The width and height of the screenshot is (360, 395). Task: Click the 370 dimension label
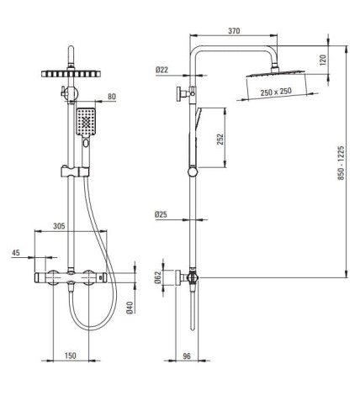click(234, 30)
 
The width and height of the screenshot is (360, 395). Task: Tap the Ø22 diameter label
click(161, 70)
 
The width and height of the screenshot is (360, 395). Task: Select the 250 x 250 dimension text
click(276, 92)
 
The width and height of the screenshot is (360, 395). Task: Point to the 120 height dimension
click(323, 60)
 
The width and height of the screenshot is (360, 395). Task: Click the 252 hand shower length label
click(220, 140)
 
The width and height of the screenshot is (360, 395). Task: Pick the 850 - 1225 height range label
click(341, 162)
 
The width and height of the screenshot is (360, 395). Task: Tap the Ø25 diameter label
click(161, 214)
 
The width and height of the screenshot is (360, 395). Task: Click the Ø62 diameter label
click(158, 277)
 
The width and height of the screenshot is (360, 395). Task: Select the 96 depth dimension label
click(187, 355)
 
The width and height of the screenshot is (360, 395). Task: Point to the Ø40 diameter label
click(130, 308)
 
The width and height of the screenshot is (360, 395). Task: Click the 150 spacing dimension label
click(71, 355)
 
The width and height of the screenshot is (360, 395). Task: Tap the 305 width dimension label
click(59, 226)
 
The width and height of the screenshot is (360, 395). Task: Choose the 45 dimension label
click(16, 252)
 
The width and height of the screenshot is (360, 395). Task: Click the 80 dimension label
click(112, 97)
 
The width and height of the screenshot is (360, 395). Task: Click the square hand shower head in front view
click(86, 122)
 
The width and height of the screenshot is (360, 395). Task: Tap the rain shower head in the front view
click(71, 74)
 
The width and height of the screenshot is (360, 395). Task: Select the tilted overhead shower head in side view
click(275, 73)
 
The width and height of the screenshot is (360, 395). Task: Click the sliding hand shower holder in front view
click(75, 171)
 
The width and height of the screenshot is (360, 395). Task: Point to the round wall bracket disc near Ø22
click(178, 93)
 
